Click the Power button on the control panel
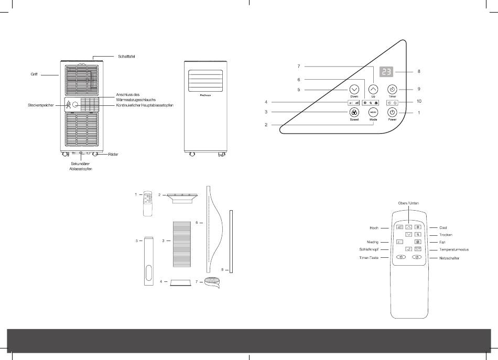pyautogui.click(x=392, y=112)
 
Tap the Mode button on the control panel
pyautogui.click(x=373, y=112)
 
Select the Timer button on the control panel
pyautogui.click(x=392, y=89)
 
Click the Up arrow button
pyautogui.click(x=373, y=89)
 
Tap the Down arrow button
pyautogui.click(x=354, y=89)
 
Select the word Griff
pyautogui.click(x=34, y=75)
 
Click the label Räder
pyautogui.click(x=112, y=155)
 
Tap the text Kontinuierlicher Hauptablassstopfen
pyautogui.click(x=144, y=105)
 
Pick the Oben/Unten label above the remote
pyautogui.click(x=408, y=203)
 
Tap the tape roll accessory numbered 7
pyautogui.click(x=212, y=283)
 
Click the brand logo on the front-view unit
pyautogui.click(x=205, y=95)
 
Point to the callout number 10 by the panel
pyautogui.click(x=419, y=101)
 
